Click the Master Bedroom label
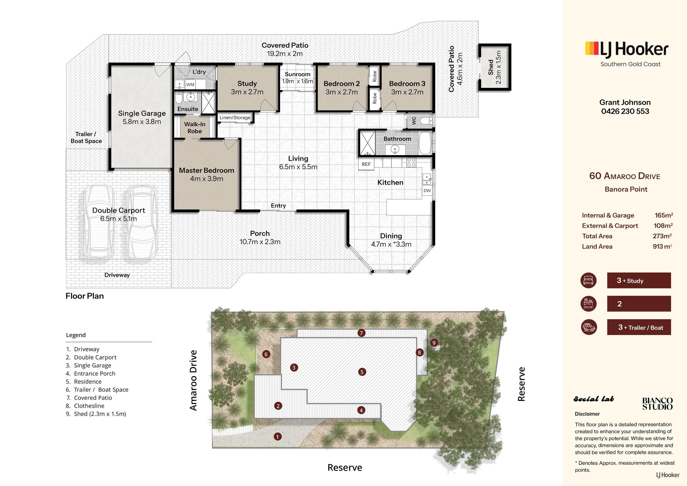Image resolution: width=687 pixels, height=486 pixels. coord(206,170)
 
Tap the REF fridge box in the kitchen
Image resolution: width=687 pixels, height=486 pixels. coord(366,164)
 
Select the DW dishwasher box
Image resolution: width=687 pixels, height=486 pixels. coord(427,191)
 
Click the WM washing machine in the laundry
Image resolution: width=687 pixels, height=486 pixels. coord(190,85)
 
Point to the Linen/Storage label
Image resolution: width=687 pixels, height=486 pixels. coord(235,118)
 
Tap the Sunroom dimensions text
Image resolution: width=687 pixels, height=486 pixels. coord(297,81)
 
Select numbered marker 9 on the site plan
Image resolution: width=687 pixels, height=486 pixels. coord(434,343)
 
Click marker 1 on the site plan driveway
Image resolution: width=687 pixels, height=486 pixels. coord(277,436)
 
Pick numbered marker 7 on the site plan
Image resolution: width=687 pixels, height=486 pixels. coord(361,333)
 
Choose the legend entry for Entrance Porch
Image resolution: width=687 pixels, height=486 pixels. coord(91,374)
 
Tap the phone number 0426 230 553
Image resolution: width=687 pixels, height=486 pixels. coord(625,111)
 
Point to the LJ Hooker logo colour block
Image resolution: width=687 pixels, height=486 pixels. coord(592,48)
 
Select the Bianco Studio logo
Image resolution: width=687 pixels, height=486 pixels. coord(657,404)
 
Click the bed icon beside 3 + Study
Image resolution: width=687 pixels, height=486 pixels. coord(589,280)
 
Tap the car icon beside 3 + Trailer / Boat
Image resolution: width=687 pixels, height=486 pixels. coord(589,327)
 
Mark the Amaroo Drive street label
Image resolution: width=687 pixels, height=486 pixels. coord(193,380)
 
